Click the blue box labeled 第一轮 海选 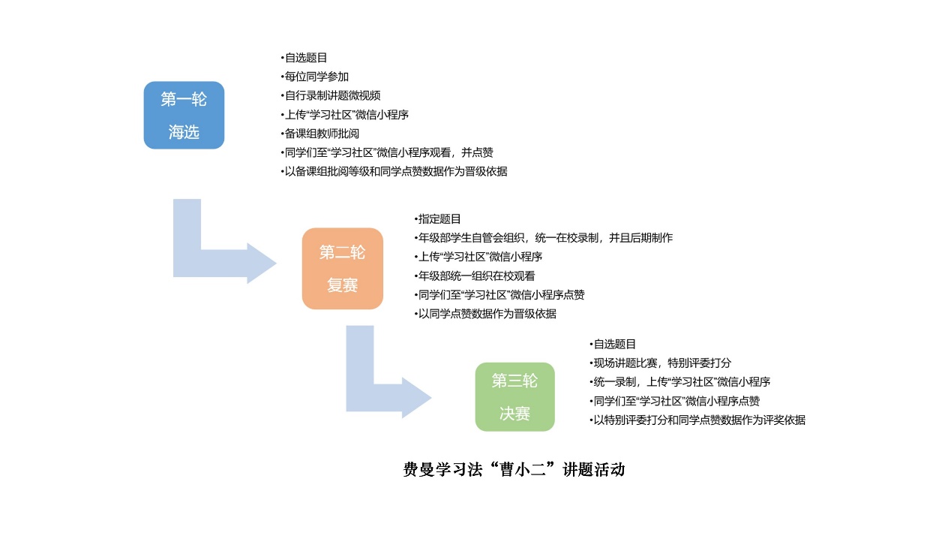184,115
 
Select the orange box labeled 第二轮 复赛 343,269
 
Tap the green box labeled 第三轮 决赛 515,397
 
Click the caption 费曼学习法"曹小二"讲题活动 514,470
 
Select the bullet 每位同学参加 314,77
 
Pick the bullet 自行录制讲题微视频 330,95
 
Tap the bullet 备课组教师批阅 319,134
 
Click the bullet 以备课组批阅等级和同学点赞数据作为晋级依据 394,171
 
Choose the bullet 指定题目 437,219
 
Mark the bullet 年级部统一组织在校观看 475,276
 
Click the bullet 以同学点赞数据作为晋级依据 485,314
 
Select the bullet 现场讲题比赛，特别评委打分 660,363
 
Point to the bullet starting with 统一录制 679,381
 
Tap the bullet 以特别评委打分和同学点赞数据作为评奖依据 697,420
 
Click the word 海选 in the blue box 184,132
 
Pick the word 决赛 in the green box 514,413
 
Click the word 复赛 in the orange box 342,285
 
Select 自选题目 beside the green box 613,344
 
